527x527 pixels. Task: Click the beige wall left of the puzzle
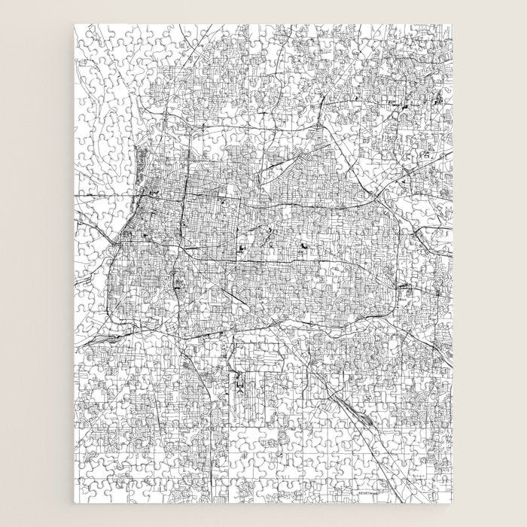pyautogui.click(x=38, y=263)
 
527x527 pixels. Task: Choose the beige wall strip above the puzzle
pyautogui.click(x=263, y=11)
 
